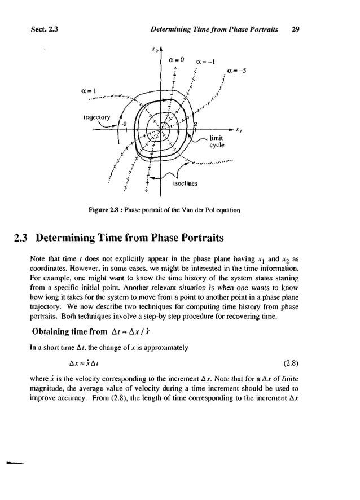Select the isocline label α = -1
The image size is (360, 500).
(204, 62)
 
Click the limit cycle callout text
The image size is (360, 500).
(217, 142)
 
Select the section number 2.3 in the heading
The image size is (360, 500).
(23, 238)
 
